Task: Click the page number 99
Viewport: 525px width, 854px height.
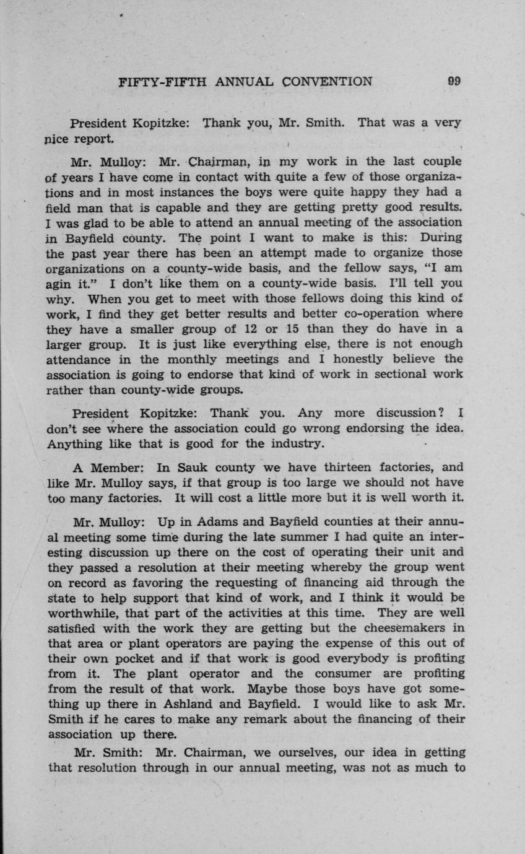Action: coord(454,81)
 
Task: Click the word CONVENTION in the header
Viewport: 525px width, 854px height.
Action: coord(328,81)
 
